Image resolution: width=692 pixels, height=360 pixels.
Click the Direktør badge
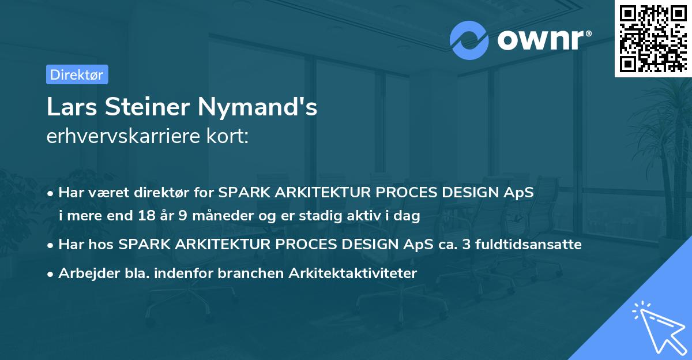[77, 74]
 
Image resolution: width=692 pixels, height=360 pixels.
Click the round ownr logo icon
[469, 40]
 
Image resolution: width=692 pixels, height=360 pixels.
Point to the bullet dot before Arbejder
[51, 274]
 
